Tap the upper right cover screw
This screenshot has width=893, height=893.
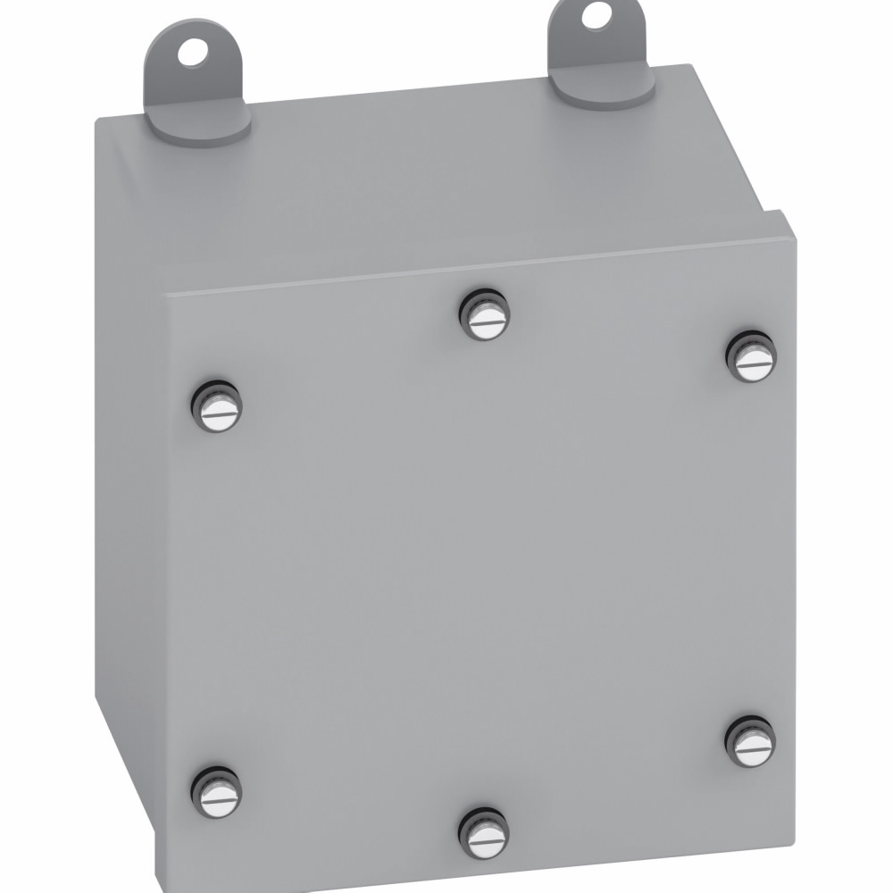coord(751,357)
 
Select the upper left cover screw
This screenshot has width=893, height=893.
coord(217,408)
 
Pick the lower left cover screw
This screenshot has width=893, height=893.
coord(217,793)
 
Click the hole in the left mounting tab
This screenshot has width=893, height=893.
coord(190,53)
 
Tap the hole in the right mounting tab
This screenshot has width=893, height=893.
coord(594,15)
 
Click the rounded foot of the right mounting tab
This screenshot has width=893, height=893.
coord(600,89)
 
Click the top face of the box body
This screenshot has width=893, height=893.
coord(429,179)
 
